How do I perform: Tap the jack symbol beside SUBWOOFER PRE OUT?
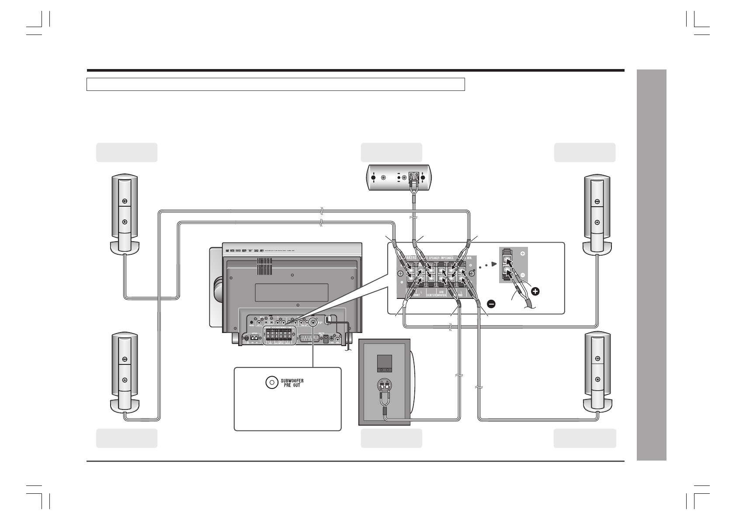[271, 382]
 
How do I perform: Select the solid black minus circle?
[490, 304]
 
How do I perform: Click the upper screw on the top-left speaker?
[125, 201]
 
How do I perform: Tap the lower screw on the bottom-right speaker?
[597, 379]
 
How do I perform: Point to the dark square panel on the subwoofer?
[384, 362]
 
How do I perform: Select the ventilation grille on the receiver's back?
[264, 266]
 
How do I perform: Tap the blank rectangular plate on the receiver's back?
[292, 292]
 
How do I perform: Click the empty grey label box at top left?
[127, 152]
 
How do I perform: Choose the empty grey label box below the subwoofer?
[391, 438]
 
